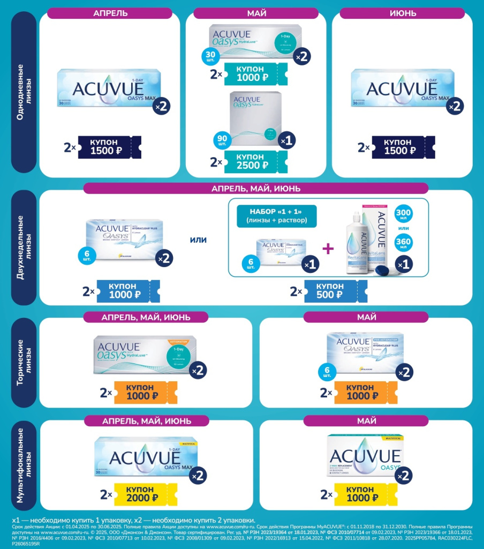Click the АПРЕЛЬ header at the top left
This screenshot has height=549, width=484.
tap(110, 13)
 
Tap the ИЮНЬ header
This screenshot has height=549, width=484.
tap(403, 13)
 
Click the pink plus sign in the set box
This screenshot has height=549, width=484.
tap(327, 249)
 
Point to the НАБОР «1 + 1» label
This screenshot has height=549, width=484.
tap(276, 216)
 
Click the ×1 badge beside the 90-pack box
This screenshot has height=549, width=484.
tap(286, 140)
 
